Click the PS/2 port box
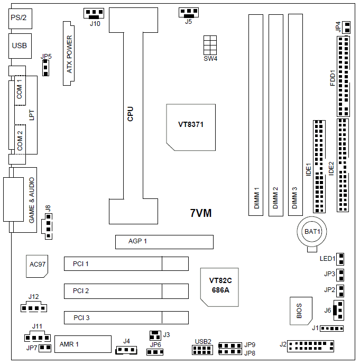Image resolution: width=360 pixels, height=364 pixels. click(x=19, y=18)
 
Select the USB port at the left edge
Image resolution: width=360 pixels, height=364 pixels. click(x=19, y=46)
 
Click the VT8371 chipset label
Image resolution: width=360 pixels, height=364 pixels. click(x=191, y=125)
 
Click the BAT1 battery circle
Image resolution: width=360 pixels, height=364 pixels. click(x=312, y=232)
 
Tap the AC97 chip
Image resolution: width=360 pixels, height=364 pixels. click(x=37, y=265)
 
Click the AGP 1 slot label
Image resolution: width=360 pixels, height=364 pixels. click(x=137, y=242)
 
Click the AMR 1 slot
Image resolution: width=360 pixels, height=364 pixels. click(x=82, y=344)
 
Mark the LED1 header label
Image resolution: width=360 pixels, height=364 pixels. click(x=327, y=259)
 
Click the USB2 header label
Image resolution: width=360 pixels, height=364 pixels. click(x=203, y=341)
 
